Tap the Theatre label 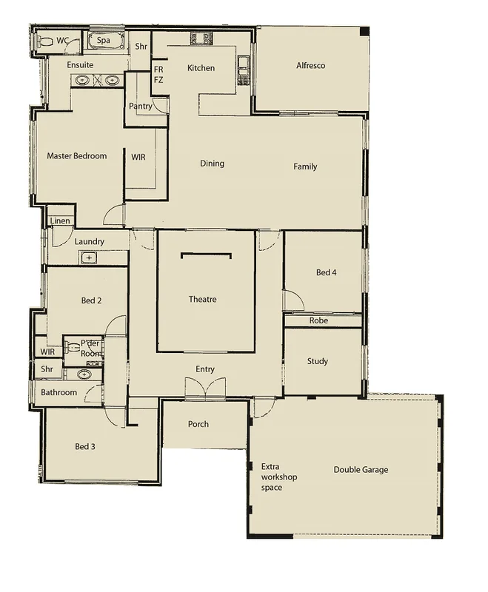pos(202,300)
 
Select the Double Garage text pos(361,470)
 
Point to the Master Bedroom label pos(77,156)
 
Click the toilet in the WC pos(46,41)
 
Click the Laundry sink pos(89,258)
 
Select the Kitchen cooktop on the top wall pos(198,37)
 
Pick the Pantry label pos(140,107)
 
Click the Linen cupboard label pos(59,221)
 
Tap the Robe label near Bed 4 pos(318,321)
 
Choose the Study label pos(317,362)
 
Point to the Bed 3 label pos(86,447)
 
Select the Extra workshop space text pos(279,477)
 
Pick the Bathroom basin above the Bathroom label pos(86,374)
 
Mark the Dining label pos(212,164)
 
